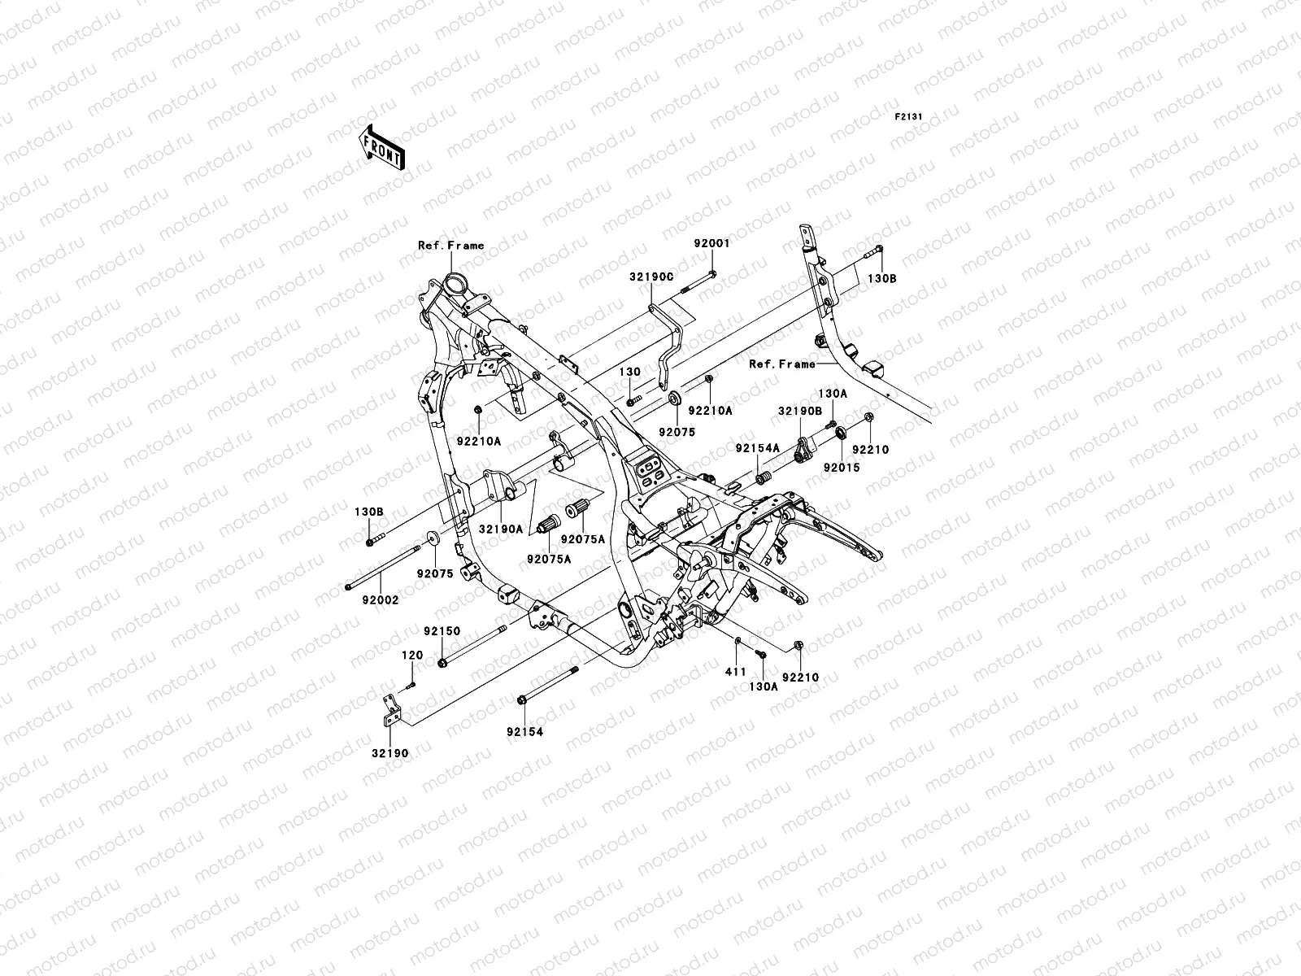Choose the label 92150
(442, 631)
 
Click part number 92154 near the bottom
(524, 732)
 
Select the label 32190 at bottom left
(391, 753)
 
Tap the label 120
(412, 655)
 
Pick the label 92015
(841, 468)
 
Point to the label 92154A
(757, 448)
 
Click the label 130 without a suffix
(630, 372)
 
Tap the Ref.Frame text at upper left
(450, 245)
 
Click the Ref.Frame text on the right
(781, 364)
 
